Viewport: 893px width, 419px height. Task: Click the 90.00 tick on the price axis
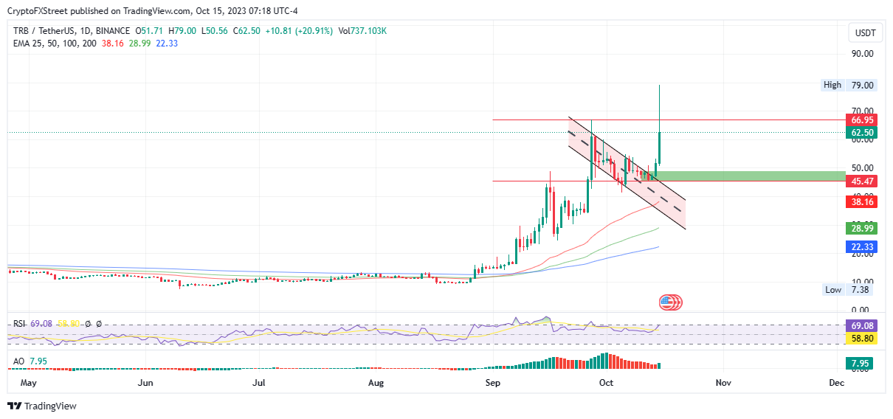[863, 54]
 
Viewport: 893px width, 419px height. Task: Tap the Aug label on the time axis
[376, 384]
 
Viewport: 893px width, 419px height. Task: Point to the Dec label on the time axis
[836, 384]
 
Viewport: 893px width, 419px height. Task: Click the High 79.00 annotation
[849, 86]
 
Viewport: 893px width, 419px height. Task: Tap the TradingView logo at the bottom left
[42, 406]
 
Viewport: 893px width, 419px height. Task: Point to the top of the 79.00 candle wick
[659, 86]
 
